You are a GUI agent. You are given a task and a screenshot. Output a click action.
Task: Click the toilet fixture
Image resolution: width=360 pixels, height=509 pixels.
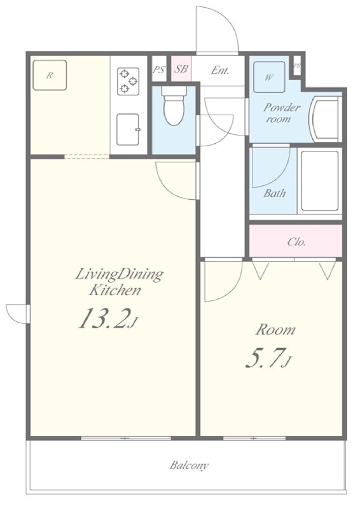point(174,106)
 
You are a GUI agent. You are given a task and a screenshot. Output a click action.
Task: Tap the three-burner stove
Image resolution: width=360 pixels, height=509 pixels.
point(128,81)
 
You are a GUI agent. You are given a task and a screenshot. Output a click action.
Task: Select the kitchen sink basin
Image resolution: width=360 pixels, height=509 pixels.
point(128,130)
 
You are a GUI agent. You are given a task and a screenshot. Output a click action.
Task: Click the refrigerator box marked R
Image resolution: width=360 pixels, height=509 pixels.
point(50,75)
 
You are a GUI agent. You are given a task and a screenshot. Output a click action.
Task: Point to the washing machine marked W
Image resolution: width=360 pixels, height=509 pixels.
point(269,77)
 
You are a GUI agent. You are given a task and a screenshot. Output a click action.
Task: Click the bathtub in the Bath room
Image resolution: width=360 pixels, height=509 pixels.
point(320,181)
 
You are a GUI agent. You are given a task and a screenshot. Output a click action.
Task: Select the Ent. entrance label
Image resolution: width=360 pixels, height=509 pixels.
point(220,70)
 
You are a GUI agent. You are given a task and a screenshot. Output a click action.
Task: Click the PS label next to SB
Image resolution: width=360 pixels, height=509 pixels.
point(159,69)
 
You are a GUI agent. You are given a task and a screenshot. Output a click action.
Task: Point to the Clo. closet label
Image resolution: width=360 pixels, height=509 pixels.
point(296,242)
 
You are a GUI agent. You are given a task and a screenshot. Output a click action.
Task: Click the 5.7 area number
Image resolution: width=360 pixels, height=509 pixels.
point(262,358)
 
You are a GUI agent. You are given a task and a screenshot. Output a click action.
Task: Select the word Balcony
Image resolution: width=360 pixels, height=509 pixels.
point(189,466)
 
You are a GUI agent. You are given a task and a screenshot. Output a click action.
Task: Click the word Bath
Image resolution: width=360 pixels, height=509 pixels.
point(275,193)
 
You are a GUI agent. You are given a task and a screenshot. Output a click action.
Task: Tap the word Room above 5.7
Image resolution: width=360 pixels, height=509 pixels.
point(275,330)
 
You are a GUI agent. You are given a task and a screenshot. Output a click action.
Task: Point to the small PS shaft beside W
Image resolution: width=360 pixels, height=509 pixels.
point(297,66)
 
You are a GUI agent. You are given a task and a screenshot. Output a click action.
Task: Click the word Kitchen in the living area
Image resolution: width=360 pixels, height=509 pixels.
point(115,290)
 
